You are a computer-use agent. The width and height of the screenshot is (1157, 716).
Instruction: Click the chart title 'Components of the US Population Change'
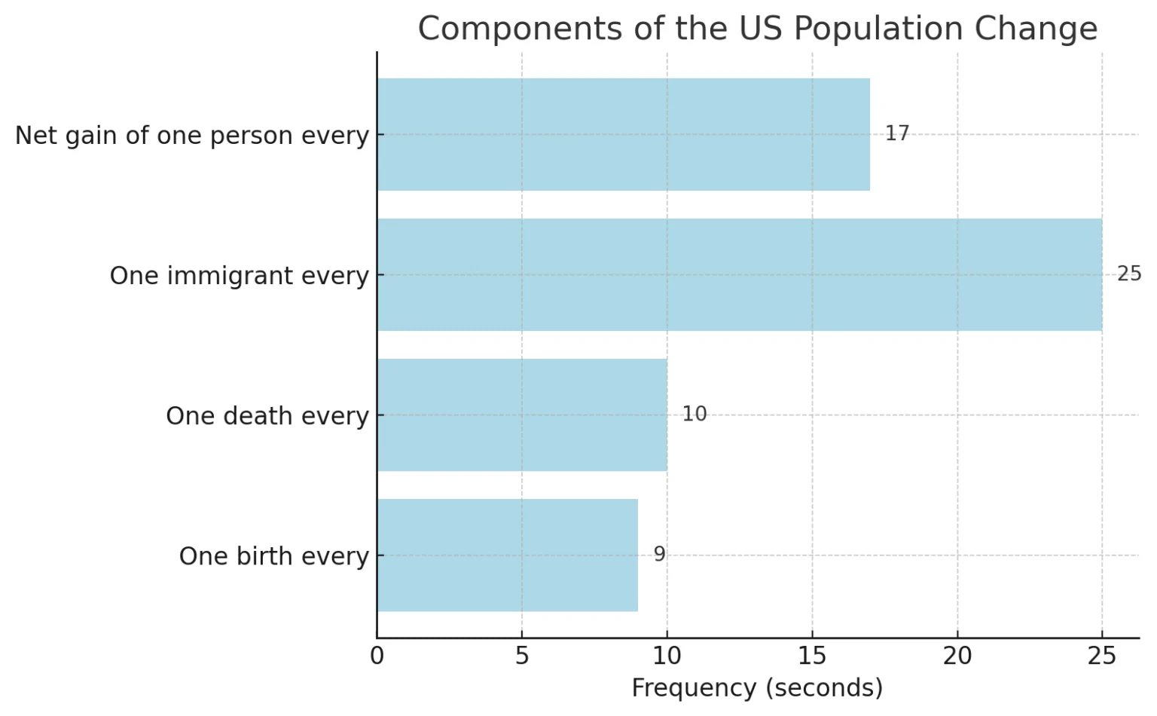click(x=757, y=29)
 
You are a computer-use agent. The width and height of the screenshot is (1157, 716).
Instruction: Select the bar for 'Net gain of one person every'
click(x=623, y=134)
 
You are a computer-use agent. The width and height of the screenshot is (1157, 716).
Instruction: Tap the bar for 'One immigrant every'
click(x=739, y=274)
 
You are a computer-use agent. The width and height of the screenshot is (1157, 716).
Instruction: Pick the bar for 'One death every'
click(x=521, y=415)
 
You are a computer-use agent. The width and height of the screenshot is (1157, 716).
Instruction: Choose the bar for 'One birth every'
click(x=507, y=555)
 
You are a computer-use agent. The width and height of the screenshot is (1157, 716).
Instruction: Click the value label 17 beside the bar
click(x=896, y=133)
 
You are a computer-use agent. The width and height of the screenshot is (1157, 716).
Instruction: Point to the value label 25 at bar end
click(x=1128, y=274)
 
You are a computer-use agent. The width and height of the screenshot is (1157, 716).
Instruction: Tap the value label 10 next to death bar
click(x=694, y=414)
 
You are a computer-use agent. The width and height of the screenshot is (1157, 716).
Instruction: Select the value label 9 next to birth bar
click(x=659, y=554)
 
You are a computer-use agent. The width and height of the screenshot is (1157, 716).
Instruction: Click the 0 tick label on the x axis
click(x=377, y=656)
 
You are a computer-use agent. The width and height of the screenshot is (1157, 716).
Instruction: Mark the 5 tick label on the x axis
click(x=522, y=656)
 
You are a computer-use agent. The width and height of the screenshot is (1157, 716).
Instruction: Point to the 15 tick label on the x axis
click(x=812, y=656)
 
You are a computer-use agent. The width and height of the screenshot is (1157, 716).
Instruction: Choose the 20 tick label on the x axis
click(x=957, y=656)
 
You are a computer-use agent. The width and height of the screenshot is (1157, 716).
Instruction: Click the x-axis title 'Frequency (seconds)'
click(x=757, y=687)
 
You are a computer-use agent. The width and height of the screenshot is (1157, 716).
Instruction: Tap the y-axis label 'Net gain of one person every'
click(x=192, y=135)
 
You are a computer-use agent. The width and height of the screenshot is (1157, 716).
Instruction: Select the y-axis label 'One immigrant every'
click(x=240, y=275)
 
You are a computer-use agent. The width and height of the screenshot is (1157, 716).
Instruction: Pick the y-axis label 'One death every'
click(x=267, y=415)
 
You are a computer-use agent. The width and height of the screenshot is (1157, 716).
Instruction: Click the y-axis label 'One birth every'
click(x=274, y=555)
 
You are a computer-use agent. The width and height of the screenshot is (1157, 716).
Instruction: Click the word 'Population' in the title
click(x=878, y=29)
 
